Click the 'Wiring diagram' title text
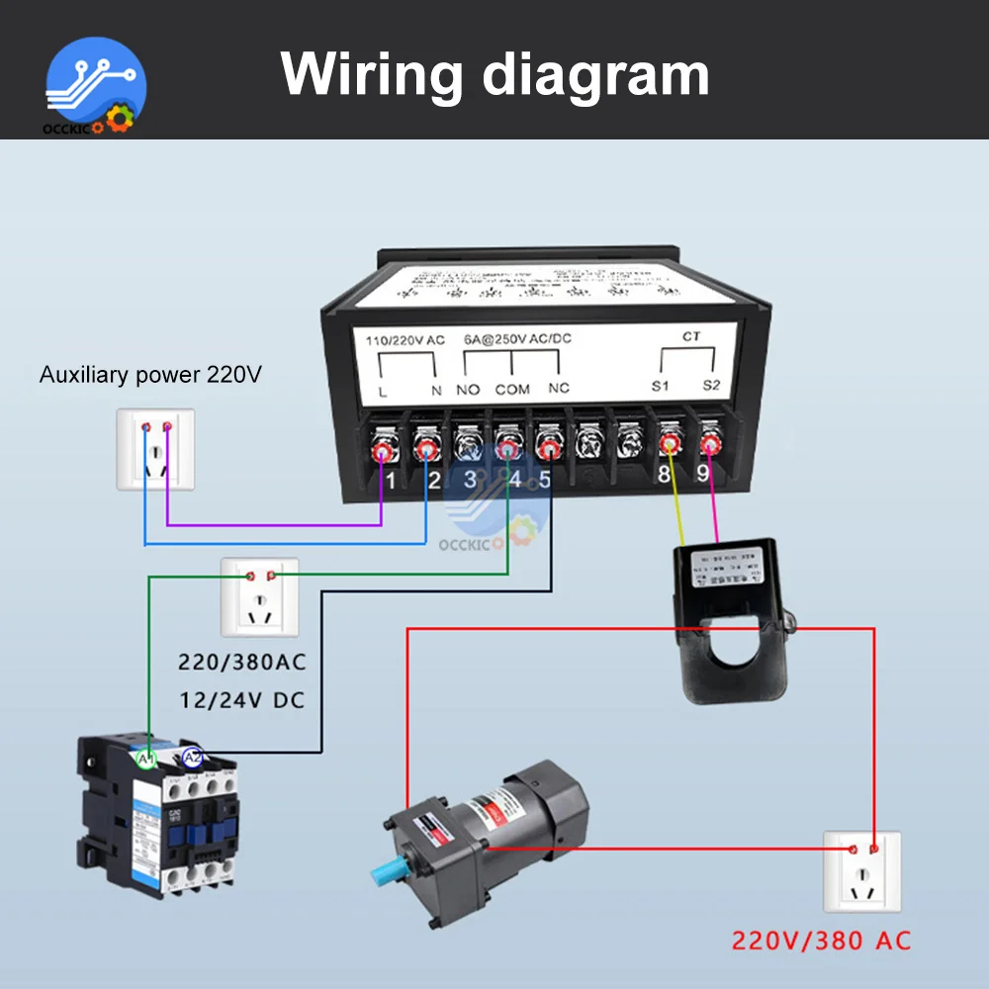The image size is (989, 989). click(494, 75)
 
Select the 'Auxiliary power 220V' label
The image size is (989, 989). click(150, 376)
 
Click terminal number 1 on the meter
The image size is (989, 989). click(391, 481)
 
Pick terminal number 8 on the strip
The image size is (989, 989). click(663, 475)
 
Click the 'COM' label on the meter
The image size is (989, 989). click(512, 390)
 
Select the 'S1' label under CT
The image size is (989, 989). click(662, 385)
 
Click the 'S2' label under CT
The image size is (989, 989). click(712, 385)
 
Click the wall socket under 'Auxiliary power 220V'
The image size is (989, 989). click(155, 448)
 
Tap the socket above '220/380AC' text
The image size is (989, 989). click(260, 597)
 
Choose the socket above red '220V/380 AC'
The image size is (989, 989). click(861, 870)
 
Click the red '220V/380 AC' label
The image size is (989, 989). click(821, 939)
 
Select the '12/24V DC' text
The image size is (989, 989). click(241, 700)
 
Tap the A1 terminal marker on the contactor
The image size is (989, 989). click(146, 759)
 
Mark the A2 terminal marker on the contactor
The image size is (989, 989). click(192, 759)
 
